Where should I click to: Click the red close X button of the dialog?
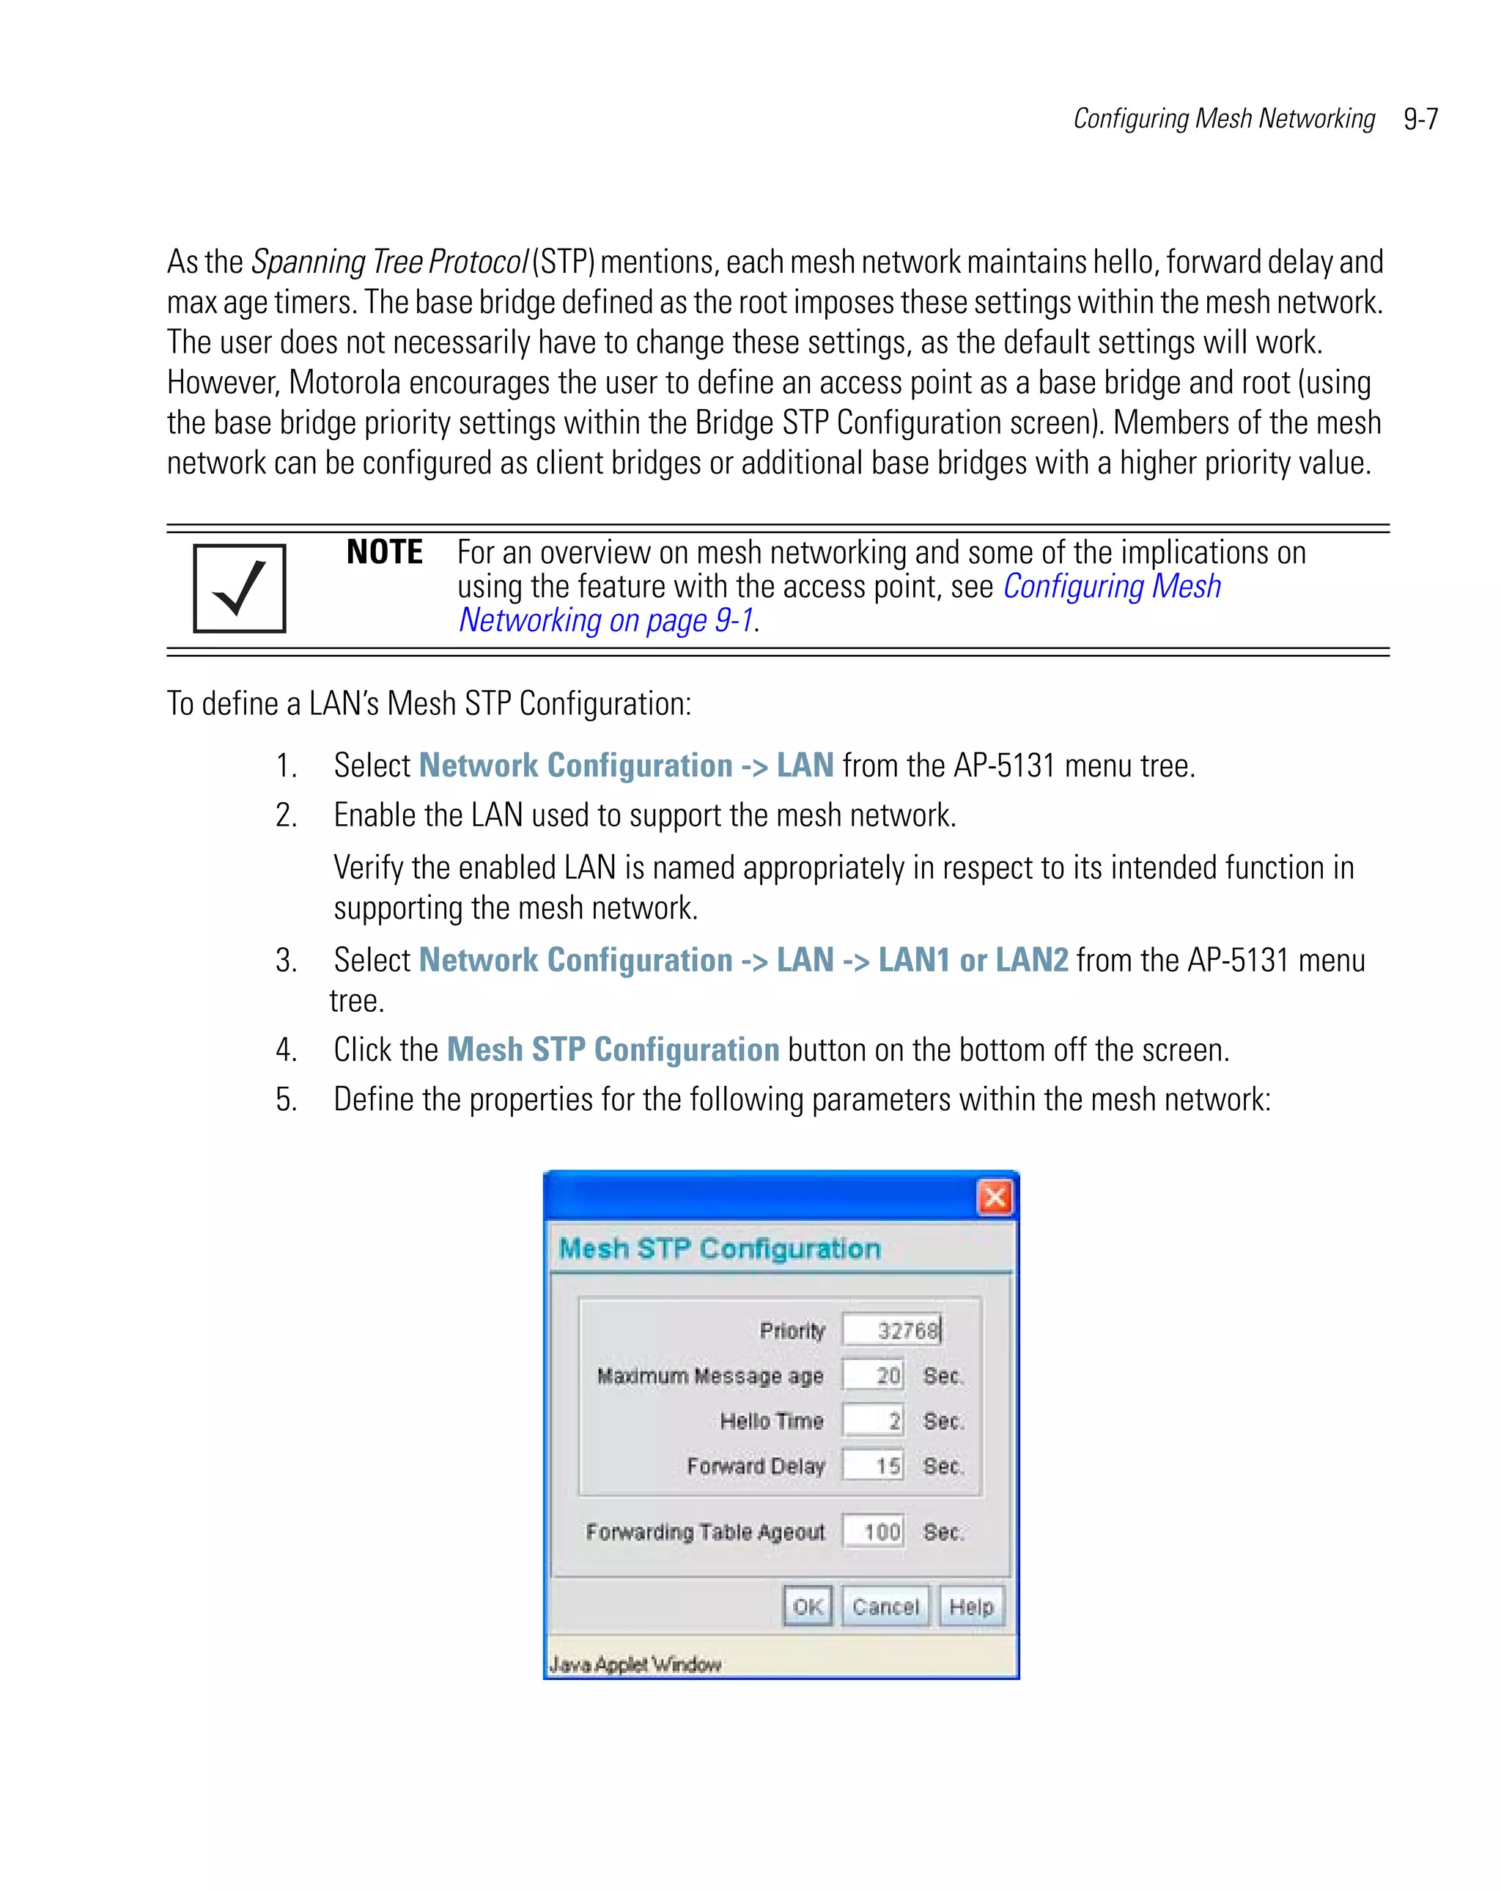coord(995,1197)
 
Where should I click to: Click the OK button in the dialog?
coord(807,1607)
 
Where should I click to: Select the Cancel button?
coord(885,1607)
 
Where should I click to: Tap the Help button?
coord(970,1607)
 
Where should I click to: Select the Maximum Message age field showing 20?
coord(873,1376)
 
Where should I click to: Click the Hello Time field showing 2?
coord(873,1421)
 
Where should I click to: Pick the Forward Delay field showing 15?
coord(873,1466)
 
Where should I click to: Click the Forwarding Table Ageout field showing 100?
coord(873,1532)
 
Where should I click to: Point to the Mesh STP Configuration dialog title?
coord(720,1248)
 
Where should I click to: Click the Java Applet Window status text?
coord(635,1664)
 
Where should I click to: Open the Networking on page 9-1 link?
coord(606,620)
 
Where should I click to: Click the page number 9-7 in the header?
coord(1420,118)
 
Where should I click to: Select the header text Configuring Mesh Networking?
coord(1223,118)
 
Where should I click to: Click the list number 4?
coord(286,1050)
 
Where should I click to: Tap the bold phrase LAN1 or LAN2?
coord(973,960)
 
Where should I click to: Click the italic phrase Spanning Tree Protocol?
coord(389,261)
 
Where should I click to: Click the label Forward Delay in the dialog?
coord(756,1466)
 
